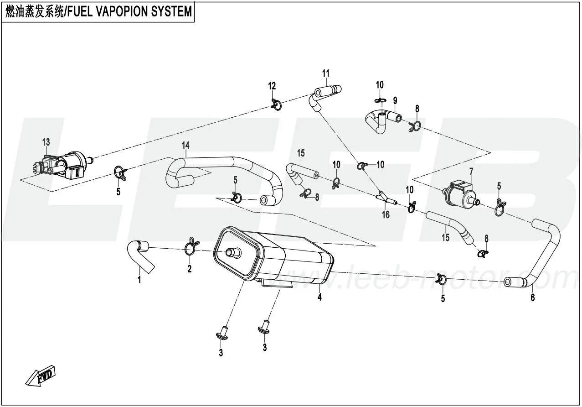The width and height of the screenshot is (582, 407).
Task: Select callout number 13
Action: [46, 142]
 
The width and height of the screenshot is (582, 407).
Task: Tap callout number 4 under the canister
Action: [320, 297]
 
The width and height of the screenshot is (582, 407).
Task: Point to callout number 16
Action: [386, 214]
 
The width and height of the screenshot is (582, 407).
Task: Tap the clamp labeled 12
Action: [276, 105]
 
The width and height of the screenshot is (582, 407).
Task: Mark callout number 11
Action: [326, 73]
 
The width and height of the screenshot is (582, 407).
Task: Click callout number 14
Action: [185, 145]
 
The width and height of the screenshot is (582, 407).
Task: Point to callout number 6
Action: [533, 298]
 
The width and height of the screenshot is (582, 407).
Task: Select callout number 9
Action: [395, 100]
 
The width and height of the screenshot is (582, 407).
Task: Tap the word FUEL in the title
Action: [81, 12]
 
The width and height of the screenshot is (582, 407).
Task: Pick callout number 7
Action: [472, 171]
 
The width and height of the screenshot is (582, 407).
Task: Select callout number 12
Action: [272, 86]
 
